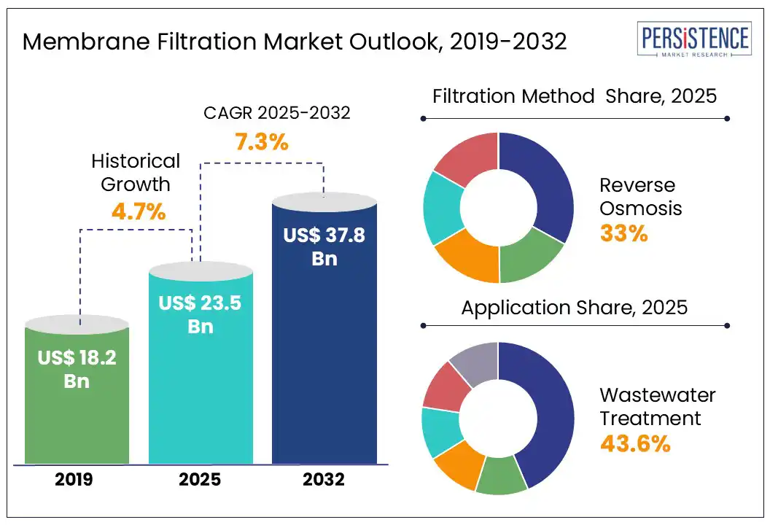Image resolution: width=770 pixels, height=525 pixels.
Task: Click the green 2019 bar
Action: [x=77, y=423]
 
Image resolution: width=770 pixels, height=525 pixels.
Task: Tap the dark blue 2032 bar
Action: [x=324, y=365]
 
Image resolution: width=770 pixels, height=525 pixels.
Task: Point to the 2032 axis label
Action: [x=324, y=479]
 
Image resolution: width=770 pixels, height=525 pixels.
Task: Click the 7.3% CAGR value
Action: [x=262, y=141]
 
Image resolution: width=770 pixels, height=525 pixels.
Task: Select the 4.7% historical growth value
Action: [x=139, y=212]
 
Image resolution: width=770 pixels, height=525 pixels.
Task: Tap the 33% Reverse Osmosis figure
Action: [x=623, y=233]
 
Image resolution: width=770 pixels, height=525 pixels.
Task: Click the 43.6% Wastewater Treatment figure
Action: [x=635, y=443]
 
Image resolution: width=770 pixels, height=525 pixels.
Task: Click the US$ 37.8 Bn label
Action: [x=324, y=246]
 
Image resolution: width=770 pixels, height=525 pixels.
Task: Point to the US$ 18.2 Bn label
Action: [x=77, y=369]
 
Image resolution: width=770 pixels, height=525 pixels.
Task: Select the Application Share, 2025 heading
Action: [x=574, y=307]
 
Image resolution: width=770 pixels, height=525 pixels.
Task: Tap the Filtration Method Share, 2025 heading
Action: [x=575, y=96]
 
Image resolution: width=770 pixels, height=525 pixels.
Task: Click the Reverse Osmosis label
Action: [x=640, y=197]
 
